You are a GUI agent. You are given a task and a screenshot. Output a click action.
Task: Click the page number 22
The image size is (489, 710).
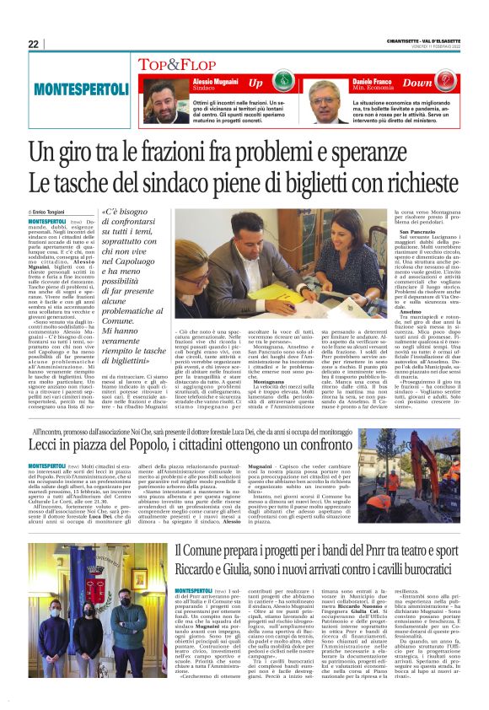(x=33, y=44)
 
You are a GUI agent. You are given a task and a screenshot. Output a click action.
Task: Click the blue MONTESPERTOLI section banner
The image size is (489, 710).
(x=79, y=89)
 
